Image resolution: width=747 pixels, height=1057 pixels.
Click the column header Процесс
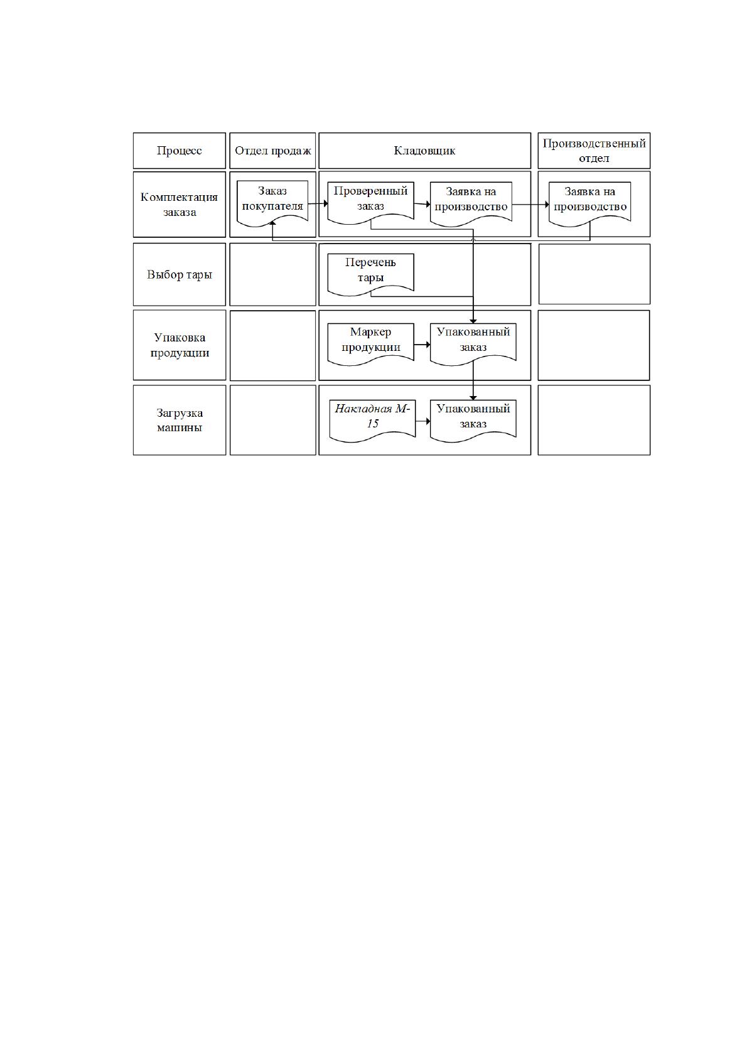tap(180, 151)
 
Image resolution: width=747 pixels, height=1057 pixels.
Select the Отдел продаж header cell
tap(273, 151)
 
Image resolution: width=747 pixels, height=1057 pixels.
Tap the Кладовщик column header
tap(425, 151)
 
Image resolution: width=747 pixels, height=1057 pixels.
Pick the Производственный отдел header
tap(594, 151)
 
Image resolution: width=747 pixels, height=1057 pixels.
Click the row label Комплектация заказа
tap(180, 205)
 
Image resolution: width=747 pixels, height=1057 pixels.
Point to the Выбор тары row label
tap(180, 275)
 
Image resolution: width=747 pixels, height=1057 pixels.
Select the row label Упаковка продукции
tap(180, 345)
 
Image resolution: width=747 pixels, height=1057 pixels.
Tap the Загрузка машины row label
tap(180, 420)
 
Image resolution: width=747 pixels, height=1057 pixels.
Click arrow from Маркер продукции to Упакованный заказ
tap(422, 345)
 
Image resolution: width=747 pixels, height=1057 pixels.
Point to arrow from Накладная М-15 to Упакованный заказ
tap(423, 421)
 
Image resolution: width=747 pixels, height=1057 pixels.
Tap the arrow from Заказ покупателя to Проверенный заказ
tap(318, 203)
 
